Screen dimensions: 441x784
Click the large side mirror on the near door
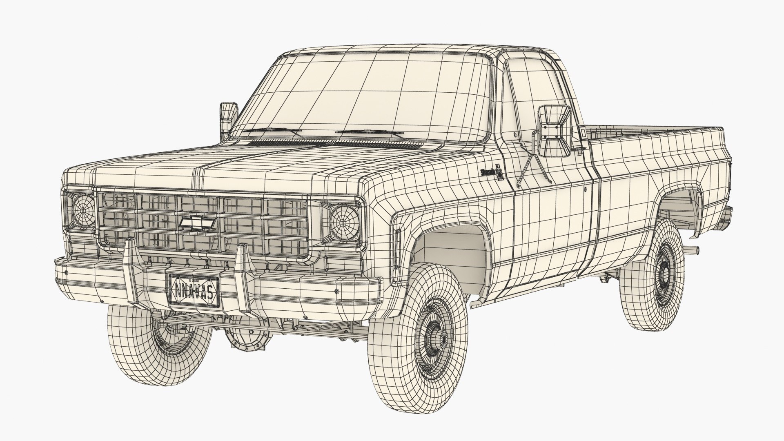(x=554, y=131)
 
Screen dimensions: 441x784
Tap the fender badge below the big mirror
(x=492, y=172)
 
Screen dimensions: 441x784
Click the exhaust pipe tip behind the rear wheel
(x=692, y=249)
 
